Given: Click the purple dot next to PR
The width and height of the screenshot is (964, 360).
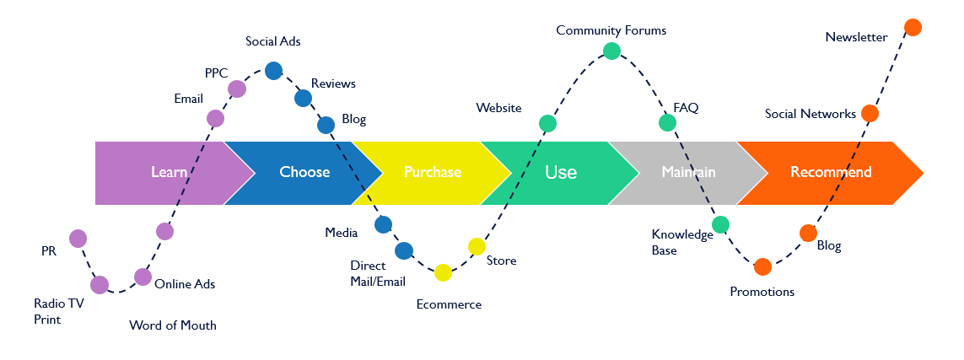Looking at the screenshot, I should point(78,239).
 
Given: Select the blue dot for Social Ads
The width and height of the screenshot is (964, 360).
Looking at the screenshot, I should point(273,70).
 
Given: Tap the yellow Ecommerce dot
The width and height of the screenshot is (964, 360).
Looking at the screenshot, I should point(444,272).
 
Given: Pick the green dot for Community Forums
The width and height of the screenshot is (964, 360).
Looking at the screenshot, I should point(612,51).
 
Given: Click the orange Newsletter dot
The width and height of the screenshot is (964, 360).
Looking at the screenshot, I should point(912,28).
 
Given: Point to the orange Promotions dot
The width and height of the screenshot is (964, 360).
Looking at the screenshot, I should point(762,267).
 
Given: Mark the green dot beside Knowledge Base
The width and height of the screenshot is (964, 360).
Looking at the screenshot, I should point(720,225).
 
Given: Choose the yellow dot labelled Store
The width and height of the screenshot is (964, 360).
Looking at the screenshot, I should point(477,246).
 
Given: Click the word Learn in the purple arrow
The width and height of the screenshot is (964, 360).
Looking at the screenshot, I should point(169,173).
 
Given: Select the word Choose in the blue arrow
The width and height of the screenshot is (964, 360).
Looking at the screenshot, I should point(304,173).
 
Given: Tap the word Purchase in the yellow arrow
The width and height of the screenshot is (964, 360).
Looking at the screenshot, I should point(432,173).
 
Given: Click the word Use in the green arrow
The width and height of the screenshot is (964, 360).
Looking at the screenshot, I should point(561,173).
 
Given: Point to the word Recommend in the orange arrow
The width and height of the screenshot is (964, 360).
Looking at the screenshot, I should point(831,173).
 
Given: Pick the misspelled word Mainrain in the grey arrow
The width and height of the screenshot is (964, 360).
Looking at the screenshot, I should point(688,173).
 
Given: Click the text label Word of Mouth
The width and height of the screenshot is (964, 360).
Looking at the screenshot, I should point(173,325).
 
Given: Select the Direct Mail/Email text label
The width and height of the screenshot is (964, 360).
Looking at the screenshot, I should point(378,274).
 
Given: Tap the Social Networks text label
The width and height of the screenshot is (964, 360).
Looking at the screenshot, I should point(810,114).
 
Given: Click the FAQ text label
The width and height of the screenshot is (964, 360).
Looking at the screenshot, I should point(686,108).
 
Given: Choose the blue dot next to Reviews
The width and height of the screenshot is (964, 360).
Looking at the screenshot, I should point(303,98).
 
